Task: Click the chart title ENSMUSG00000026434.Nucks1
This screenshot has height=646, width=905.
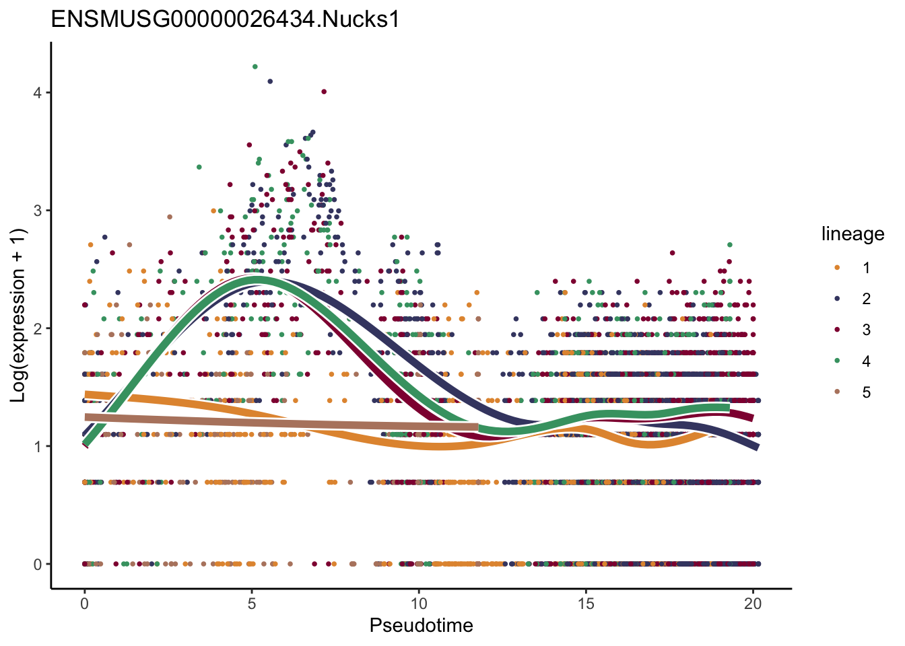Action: pos(226,19)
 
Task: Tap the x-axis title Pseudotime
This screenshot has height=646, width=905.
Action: pos(421,625)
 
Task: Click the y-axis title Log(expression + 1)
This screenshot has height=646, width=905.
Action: pos(18,316)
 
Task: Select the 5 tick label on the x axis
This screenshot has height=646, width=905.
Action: pos(251,604)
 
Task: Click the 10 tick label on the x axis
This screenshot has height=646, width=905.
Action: pos(419,604)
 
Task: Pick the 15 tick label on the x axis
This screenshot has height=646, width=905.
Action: pos(586,604)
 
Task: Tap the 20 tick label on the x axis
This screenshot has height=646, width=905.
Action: pos(753,604)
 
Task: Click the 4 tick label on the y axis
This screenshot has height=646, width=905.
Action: pos(38,92)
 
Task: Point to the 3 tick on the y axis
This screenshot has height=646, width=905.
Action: pos(38,211)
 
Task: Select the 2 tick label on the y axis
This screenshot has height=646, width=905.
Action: pos(38,328)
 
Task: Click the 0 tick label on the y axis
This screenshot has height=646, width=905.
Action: pos(38,565)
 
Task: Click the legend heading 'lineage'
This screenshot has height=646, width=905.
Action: pos(852,234)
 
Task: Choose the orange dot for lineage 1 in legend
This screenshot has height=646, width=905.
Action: pos(837,268)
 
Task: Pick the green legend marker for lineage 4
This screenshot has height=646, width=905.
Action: pos(837,361)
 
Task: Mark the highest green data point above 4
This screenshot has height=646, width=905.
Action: pos(255,67)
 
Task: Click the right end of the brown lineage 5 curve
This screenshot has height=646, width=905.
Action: pos(477,427)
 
